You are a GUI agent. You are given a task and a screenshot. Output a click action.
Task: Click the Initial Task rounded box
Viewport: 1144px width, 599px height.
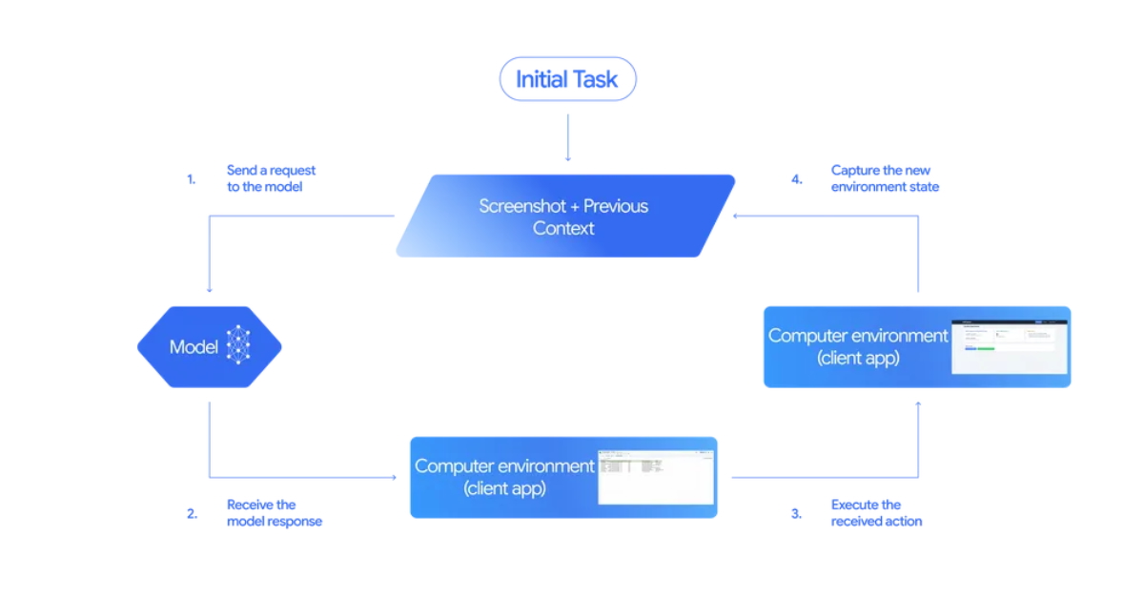[x=567, y=79]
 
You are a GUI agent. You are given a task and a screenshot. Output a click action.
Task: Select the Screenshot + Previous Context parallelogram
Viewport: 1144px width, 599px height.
[x=565, y=217]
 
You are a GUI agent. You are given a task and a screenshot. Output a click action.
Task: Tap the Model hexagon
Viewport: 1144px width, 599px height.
[x=210, y=347]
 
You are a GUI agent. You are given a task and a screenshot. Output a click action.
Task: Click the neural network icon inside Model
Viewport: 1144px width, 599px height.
[x=238, y=346]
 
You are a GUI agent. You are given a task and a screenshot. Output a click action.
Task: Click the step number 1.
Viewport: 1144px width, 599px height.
[x=191, y=178]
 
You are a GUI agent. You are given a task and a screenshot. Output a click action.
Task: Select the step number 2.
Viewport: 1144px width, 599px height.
[x=192, y=513]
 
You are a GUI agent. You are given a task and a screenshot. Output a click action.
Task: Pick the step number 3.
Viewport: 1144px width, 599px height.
[x=796, y=513]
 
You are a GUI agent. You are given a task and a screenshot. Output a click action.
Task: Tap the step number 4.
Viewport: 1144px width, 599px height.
[x=797, y=178]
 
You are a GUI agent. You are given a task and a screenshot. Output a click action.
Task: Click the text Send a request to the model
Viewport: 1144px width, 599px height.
[x=271, y=178]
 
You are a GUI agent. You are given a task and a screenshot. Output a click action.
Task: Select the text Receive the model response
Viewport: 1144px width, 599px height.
[x=274, y=513]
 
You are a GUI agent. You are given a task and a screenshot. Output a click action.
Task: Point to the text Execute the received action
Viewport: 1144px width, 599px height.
[x=876, y=513]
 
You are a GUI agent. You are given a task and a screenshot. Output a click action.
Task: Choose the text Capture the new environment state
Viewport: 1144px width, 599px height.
[x=885, y=178]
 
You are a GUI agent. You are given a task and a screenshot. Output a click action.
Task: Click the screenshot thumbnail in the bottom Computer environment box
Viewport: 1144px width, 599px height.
[x=655, y=476]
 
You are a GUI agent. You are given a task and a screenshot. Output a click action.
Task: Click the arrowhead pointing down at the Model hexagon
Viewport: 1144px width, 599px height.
[x=209, y=290]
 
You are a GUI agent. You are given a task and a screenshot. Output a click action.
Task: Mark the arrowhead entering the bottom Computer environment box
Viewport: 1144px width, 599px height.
[x=393, y=477]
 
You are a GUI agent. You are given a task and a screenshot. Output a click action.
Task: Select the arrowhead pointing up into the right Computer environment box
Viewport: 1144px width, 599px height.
[x=918, y=404]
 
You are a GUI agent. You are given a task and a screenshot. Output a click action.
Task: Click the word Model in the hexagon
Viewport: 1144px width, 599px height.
[x=194, y=347]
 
